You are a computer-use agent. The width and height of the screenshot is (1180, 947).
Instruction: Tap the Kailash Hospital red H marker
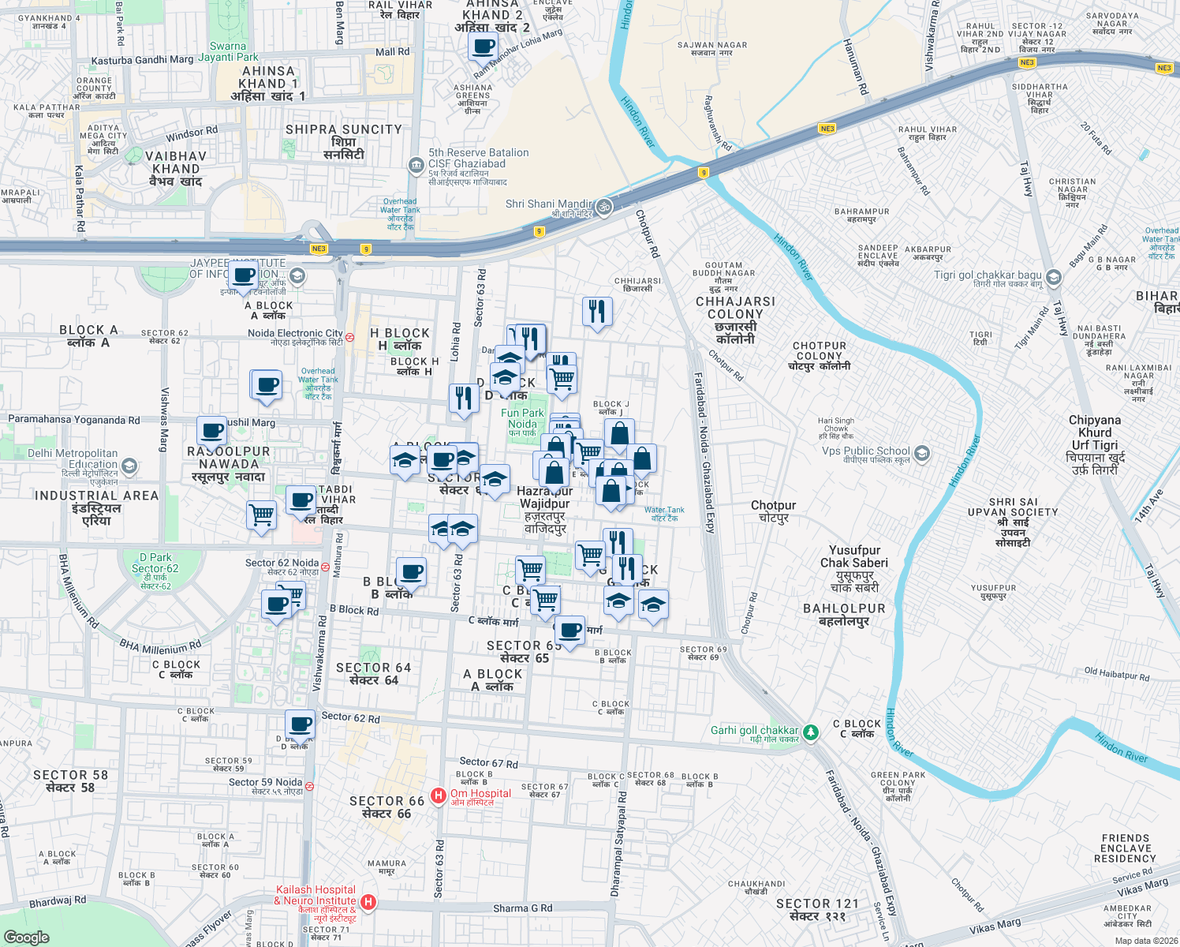pos(368,901)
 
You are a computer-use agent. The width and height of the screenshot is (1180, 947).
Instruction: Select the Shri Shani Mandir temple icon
pos(603,207)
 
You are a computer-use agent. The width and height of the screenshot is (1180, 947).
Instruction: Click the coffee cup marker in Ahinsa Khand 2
pos(483,46)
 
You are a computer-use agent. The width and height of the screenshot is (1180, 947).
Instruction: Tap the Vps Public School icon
pos(922,454)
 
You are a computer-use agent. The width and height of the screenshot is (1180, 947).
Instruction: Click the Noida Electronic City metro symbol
pos(349,337)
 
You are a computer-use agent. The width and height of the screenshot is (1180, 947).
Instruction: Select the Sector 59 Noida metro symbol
pos(309,786)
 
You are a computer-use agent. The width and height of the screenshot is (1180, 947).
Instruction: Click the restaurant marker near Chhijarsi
pos(597,312)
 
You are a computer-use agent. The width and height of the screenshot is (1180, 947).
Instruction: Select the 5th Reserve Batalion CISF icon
pos(416,165)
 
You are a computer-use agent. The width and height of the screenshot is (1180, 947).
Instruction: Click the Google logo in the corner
pos(26,937)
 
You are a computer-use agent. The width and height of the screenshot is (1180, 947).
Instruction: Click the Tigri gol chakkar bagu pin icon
pos(1054,279)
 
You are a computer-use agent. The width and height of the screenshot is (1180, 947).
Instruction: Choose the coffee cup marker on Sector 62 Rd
pos(300,724)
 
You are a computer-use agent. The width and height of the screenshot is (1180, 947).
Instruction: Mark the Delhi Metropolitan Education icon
pos(129,466)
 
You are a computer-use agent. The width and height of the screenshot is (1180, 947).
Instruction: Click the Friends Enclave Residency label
pos(1125,848)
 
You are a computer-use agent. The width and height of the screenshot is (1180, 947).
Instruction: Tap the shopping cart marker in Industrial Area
pos(262,516)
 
